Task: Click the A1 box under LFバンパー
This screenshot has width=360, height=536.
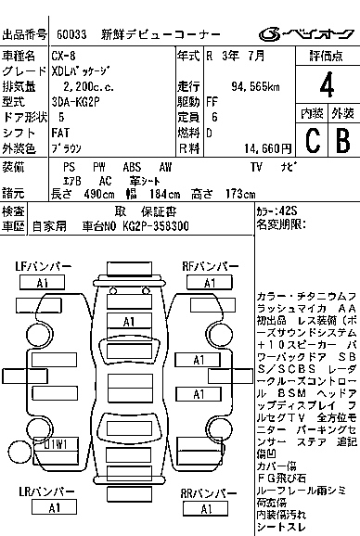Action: point(42,282)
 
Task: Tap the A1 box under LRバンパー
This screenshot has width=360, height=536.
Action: point(53,507)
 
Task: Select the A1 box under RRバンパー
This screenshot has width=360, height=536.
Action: point(198,507)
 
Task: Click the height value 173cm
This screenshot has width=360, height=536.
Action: point(238,195)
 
